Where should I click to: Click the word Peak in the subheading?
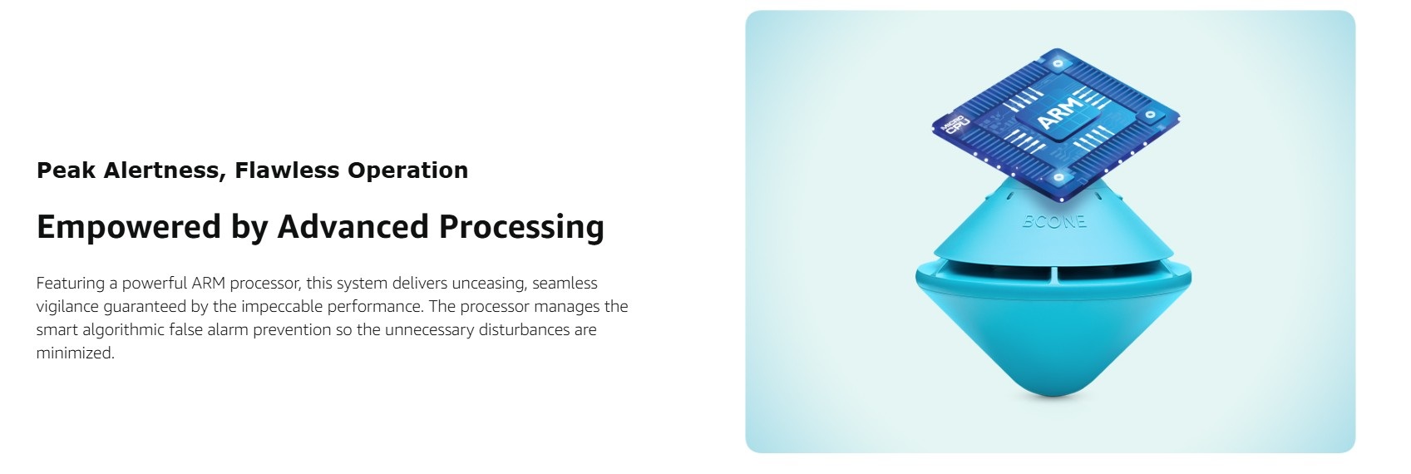coord(67,170)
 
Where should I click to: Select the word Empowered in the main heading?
coord(129,227)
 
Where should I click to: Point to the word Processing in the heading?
coord(521,227)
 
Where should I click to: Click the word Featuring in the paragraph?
coord(71,284)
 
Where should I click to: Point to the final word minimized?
coord(75,353)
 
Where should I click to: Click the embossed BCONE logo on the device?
coord(1053,221)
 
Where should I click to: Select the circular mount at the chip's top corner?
coord(1058,64)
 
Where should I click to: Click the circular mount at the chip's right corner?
coord(1150,115)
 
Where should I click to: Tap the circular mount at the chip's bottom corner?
coord(1058,179)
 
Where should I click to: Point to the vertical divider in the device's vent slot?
coord(1053,274)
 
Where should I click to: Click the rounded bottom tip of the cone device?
coord(1053,392)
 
